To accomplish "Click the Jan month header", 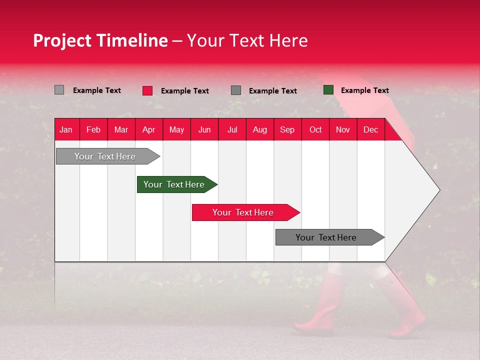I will pos(66,129).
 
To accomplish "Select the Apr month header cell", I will pos(148,129).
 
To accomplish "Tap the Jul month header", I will pos(232,129).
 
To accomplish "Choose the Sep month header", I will pos(287,129).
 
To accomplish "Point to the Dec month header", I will pos(370,129).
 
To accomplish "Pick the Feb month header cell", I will pos(93,129).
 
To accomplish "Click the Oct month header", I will pos(315,129).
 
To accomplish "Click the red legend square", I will pos(147,90).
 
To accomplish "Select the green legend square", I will pos(328,90).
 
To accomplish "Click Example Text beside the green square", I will pos(364,90).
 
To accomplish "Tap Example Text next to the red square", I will pos(184,91).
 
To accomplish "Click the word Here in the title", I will pos(288,40).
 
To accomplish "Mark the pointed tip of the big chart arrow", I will pos(439,190).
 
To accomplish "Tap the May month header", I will pos(176,129).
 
